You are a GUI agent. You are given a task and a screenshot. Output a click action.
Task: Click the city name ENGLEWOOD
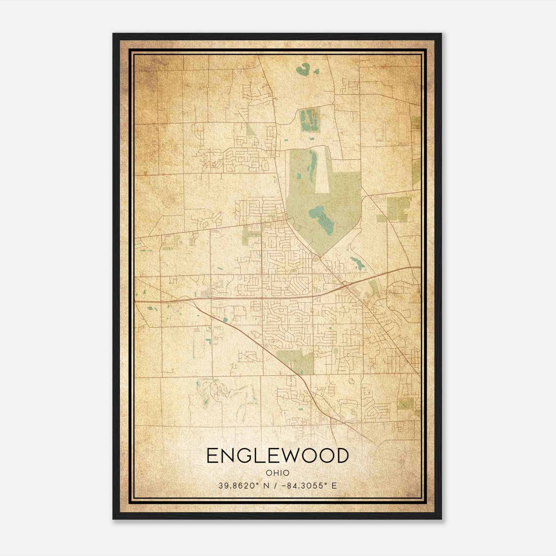[277, 456]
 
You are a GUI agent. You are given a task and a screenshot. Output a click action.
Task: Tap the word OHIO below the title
[277, 473]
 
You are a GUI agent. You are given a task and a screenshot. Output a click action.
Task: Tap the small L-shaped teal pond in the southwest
[209, 341]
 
